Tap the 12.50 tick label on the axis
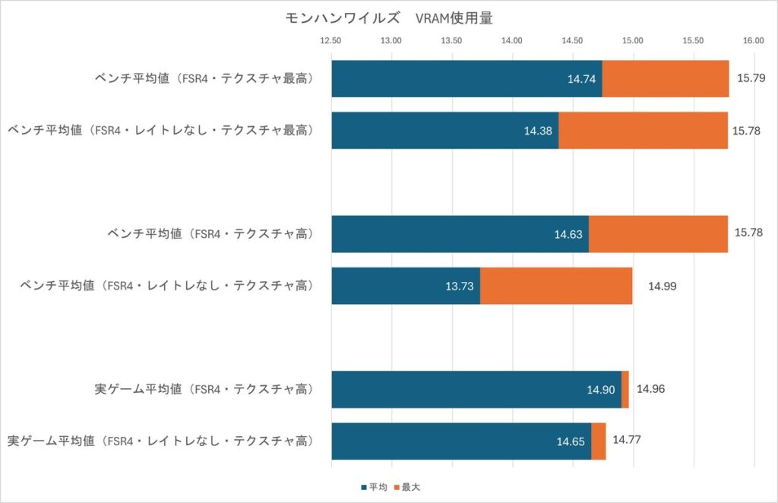click(x=331, y=41)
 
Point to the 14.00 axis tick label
click(x=512, y=41)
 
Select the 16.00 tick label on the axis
click(x=753, y=41)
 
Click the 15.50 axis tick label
click(x=693, y=41)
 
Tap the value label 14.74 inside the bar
click(x=583, y=79)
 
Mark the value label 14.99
click(x=662, y=286)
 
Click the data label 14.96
click(x=652, y=389)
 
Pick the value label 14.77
click(x=628, y=441)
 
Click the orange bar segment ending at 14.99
click(x=556, y=286)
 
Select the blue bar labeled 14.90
click(x=476, y=389)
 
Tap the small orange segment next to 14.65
click(x=599, y=441)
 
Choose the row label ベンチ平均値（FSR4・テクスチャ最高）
click(x=204, y=78)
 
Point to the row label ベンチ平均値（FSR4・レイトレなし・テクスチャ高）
click(x=166, y=286)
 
